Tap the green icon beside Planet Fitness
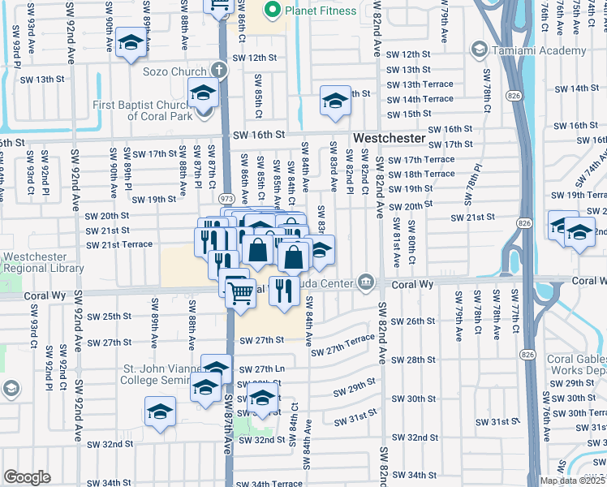pos(272,11)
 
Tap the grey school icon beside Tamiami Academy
pos(479,50)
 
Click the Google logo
pos(27,477)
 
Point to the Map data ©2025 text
pos(573,481)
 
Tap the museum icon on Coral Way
pos(367,282)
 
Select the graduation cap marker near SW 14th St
pos(334,101)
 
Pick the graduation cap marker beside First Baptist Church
pos(202,93)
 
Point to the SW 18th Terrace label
pos(420,174)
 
